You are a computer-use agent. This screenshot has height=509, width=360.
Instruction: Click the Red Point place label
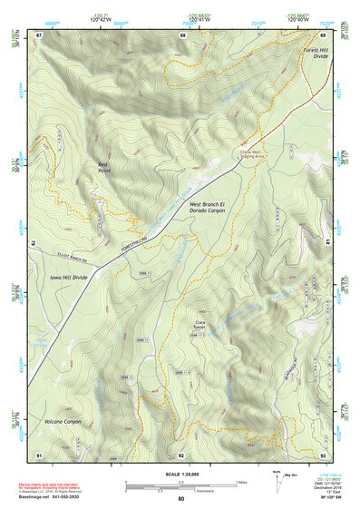click(108, 167)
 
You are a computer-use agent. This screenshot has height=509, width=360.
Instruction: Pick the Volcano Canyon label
click(62, 422)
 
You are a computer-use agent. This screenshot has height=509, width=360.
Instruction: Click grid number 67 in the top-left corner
click(39, 34)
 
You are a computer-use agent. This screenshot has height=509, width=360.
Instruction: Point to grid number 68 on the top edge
click(182, 34)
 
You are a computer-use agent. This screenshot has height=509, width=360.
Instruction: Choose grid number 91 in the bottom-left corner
click(39, 454)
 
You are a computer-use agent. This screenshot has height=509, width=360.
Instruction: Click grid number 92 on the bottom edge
click(181, 454)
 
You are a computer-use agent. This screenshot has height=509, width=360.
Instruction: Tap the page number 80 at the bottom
click(181, 499)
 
